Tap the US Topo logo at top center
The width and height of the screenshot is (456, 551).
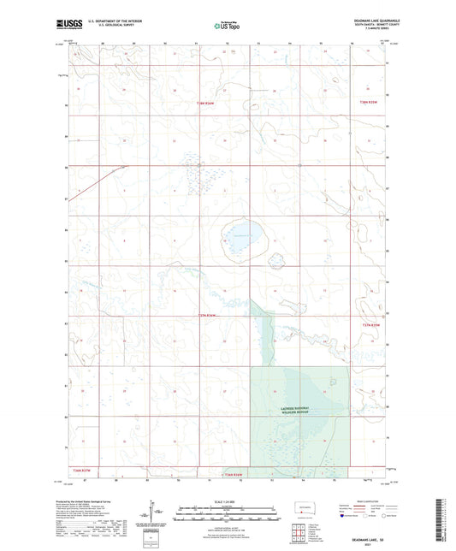click(x=227, y=26)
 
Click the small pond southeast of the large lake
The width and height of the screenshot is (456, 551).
click(x=279, y=260)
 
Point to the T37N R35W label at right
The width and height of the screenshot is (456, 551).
click(x=370, y=325)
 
